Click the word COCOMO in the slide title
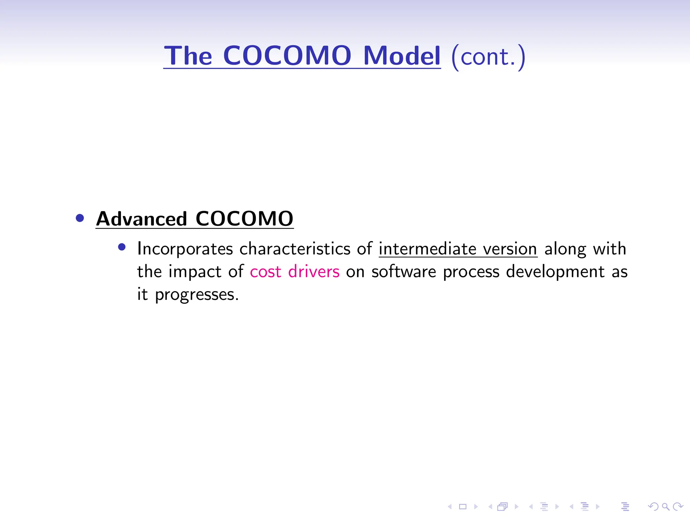click(287, 56)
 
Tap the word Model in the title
click(402, 56)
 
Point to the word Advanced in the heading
click(142, 219)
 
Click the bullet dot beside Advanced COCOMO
click(80, 218)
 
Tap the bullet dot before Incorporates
click(122, 247)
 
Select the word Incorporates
click(185, 249)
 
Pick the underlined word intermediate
click(427, 249)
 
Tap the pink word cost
click(265, 272)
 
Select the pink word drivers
click(314, 272)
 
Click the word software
click(404, 272)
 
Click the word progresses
click(197, 295)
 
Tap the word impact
click(195, 272)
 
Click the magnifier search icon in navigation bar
click(665, 507)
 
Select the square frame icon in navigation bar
click(463, 507)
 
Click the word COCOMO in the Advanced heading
click(244, 219)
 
